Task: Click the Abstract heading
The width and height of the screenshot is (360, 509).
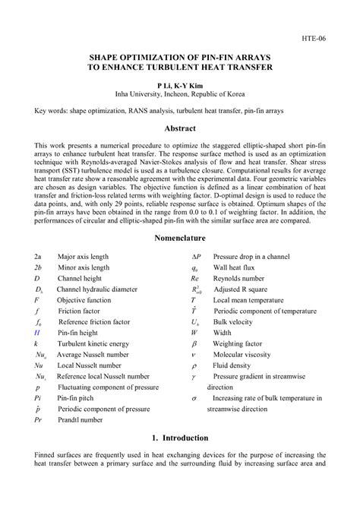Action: point(180,129)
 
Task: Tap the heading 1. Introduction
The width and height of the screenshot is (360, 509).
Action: point(180,438)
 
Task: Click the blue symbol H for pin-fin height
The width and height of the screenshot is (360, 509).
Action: point(36,332)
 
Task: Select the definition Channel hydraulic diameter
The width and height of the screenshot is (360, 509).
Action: point(96,289)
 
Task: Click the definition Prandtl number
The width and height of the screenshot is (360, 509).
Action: point(81,419)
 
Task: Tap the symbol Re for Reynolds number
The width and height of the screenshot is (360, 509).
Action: point(194,278)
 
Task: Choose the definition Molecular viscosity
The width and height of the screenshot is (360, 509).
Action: point(243,354)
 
